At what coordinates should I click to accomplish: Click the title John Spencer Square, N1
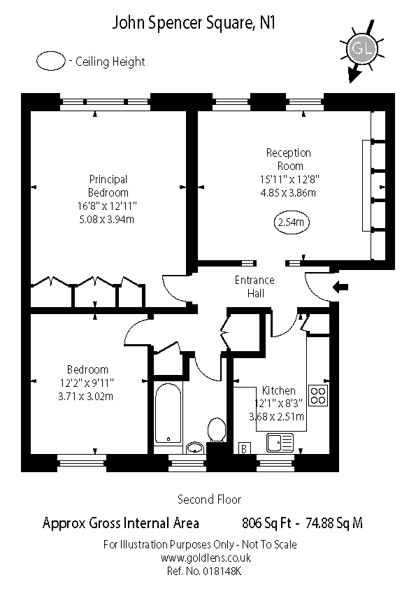click(x=194, y=23)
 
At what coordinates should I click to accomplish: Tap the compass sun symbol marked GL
click(x=361, y=49)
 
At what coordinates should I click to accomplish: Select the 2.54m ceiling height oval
click(x=293, y=223)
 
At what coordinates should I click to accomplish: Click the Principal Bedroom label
click(x=108, y=185)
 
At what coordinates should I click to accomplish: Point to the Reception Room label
click(x=289, y=159)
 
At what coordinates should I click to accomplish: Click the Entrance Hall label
click(x=254, y=288)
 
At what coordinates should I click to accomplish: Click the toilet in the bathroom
click(x=215, y=430)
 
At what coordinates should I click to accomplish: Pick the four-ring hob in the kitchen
click(x=318, y=395)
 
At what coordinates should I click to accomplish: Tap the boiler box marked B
click(x=245, y=448)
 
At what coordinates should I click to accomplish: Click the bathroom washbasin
click(x=195, y=447)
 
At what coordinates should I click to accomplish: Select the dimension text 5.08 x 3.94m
click(x=108, y=219)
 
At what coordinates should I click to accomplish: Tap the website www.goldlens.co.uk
click(x=206, y=558)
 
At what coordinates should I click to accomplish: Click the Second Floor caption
click(x=209, y=499)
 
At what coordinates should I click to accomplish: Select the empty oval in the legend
click(x=51, y=61)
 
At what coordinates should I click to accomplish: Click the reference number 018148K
click(x=221, y=571)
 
